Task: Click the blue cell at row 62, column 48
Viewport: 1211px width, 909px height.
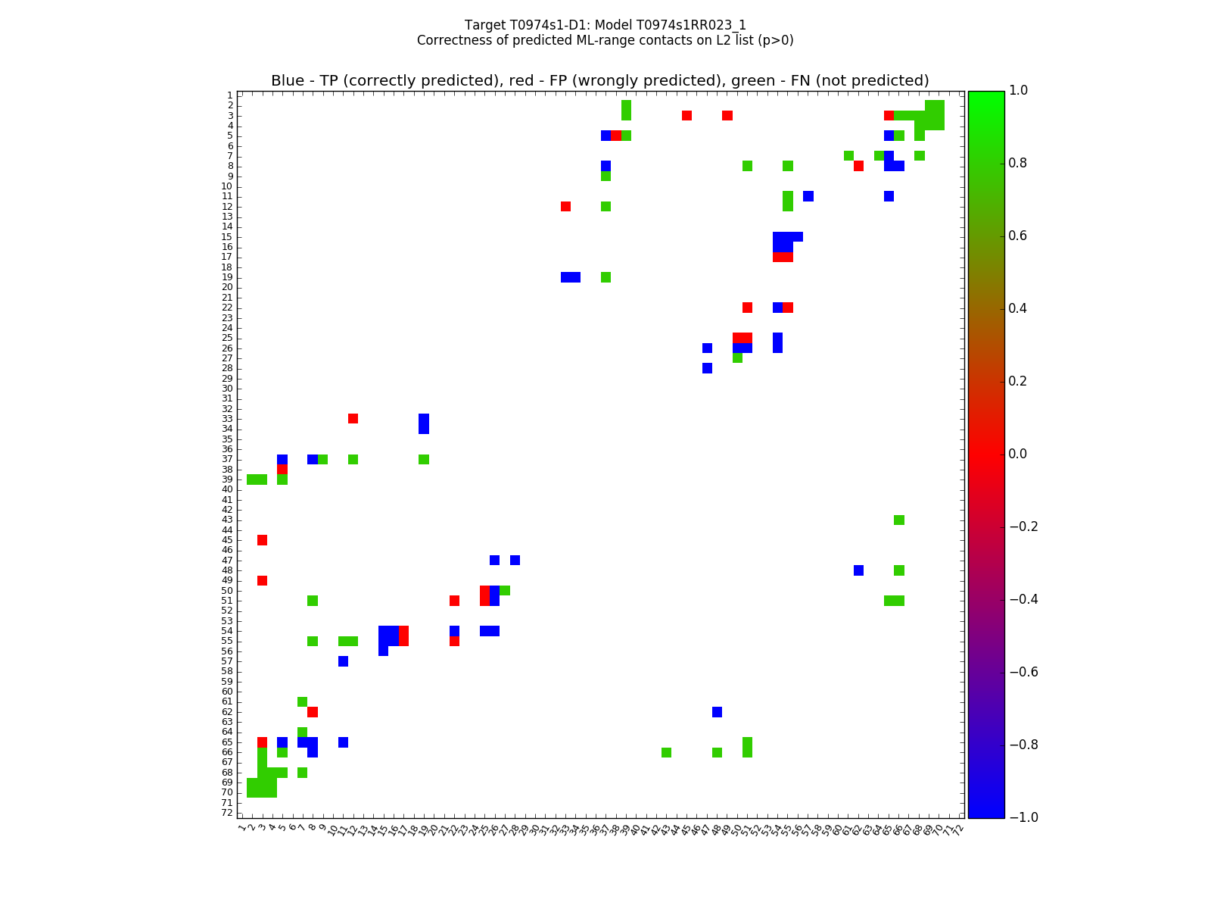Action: point(717,712)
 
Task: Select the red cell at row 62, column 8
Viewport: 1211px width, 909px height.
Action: point(313,712)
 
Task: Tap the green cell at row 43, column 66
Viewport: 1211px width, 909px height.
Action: point(899,520)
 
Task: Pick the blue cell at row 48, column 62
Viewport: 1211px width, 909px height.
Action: point(858,570)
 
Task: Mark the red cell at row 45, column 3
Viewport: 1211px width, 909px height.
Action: point(262,540)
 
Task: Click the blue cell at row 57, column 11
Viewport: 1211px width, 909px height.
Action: point(343,661)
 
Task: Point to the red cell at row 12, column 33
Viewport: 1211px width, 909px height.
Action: point(565,206)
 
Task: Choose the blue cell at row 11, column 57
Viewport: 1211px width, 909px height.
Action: point(808,196)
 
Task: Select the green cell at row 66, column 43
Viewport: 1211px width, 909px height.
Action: point(666,752)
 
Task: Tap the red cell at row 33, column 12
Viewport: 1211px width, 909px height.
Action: point(353,419)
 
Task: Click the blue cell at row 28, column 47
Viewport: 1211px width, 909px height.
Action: point(707,368)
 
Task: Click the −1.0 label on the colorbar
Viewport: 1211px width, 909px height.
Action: point(1024,817)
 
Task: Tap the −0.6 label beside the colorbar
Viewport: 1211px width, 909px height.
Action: point(1024,672)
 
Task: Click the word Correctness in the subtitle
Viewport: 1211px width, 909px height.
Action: point(451,41)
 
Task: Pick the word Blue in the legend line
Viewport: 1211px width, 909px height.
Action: point(288,81)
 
